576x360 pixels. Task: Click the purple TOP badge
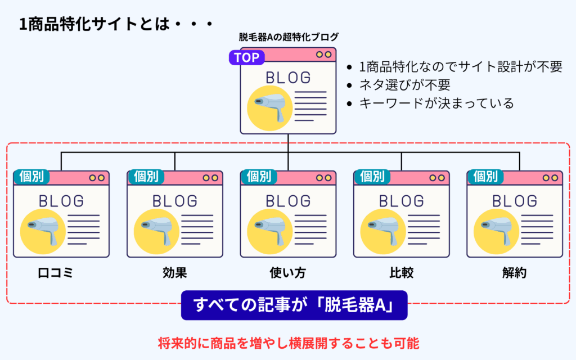[245, 57]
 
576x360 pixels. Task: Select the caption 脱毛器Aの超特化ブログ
[289, 38]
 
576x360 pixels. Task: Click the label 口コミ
[56, 273]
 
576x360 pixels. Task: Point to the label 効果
[174, 273]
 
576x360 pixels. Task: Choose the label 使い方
[288, 273]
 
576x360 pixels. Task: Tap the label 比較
[401, 273]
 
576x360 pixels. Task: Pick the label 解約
[514, 273]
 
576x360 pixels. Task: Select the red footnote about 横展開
[288, 341]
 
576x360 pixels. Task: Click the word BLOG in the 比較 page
[401, 201]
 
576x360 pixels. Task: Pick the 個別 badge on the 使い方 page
[258, 177]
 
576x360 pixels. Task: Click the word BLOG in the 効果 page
[175, 201]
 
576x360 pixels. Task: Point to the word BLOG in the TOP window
[288, 78]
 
